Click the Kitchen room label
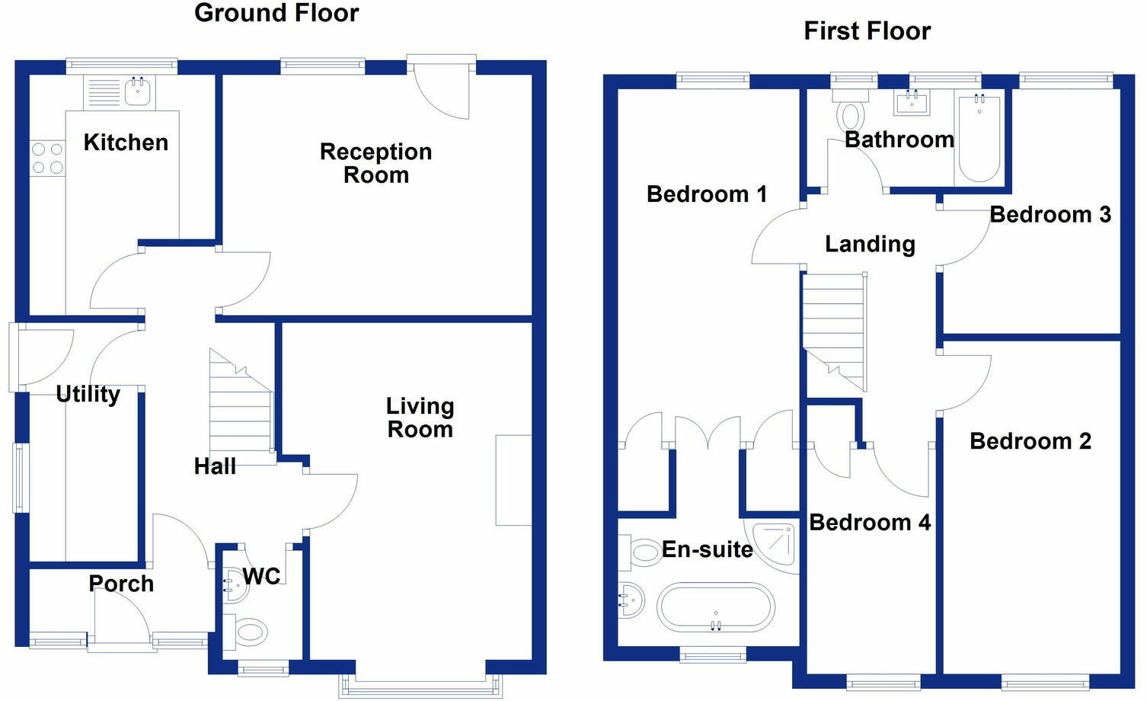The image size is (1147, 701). coord(126,142)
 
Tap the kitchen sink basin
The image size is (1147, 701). coord(137,91)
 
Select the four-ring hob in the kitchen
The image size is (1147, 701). coord(48,158)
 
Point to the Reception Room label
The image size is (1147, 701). coord(375,163)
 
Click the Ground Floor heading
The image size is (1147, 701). coord(276,13)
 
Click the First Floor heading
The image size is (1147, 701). coord(867,30)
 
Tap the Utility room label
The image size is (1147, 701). coord(88,395)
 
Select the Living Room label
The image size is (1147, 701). coord(420,418)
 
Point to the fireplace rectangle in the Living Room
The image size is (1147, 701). coord(513,480)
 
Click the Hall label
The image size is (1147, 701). coord(215,466)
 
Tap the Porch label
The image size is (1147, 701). coord(121,584)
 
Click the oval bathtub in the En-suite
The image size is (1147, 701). coord(715,607)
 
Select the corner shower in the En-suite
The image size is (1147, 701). coord(775,546)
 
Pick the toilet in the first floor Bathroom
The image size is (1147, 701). coord(850,110)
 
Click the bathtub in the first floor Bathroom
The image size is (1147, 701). coord(979,139)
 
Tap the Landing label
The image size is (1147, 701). coord(870,244)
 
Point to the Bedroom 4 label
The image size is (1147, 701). coord(870,523)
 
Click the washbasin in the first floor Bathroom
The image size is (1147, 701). coord(912,103)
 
